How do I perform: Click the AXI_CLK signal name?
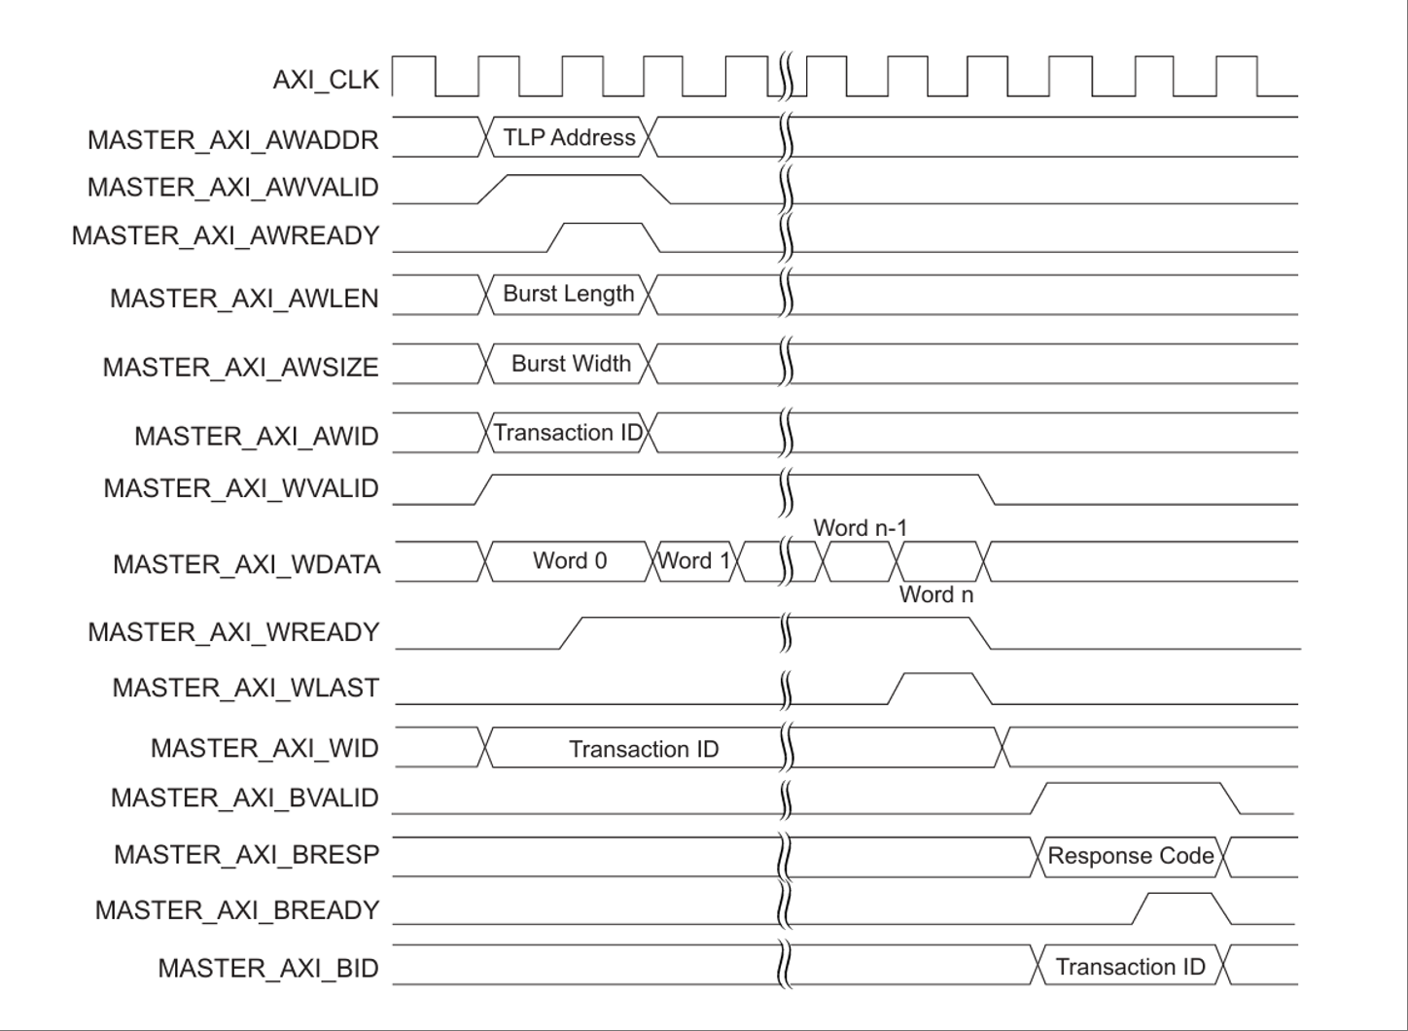pyautogui.click(x=325, y=80)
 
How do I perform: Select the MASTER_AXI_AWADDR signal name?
pyautogui.click(x=232, y=140)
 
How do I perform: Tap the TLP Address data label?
pyautogui.click(x=569, y=137)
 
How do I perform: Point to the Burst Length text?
pyautogui.click(x=568, y=294)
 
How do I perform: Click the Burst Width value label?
pyautogui.click(x=571, y=364)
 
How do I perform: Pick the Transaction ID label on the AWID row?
pyautogui.click(x=568, y=433)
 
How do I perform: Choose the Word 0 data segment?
pyautogui.click(x=570, y=561)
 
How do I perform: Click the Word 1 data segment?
pyautogui.click(x=694, y=561)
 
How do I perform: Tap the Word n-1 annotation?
pyautogui.click(x=860, y=528)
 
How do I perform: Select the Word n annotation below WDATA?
pyautogui.click(x=935, y=595)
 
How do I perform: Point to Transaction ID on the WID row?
pyautogui.click(x=644, y=749)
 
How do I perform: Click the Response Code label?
pyautogui.click(x=1130, y=856)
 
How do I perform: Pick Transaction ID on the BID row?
pyautogui.click(x=1130, y=967)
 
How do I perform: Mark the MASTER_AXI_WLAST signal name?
pyautogui.click(x=245, y=689)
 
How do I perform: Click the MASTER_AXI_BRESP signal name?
pyautogui.click(x=246, y=855)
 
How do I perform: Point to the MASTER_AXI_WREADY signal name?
pyautogui.click(x=233, y=633)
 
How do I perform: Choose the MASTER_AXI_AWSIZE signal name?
pyautogui.click(x=240, y=368)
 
